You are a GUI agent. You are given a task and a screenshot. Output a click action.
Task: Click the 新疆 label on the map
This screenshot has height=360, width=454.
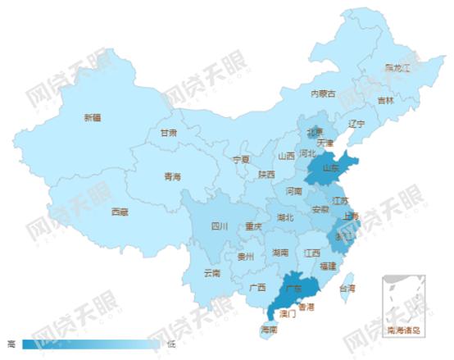(92, 117)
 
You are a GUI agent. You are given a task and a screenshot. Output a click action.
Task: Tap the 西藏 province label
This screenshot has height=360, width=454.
(120, 211)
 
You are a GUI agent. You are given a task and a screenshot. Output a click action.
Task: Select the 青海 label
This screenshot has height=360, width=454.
(172, 176)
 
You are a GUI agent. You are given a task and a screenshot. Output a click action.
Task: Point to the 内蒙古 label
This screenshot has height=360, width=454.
(323, 93)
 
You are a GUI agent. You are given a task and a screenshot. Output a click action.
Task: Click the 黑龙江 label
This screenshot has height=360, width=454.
(397, 66)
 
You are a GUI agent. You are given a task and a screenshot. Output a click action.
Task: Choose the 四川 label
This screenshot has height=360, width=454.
(219, 226)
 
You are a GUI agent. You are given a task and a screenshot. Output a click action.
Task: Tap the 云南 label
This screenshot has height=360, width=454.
(211, 272)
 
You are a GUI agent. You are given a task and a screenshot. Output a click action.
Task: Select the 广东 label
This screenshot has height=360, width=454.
(292, 288)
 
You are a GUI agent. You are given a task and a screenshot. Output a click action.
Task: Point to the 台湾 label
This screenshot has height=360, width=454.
(347, 288)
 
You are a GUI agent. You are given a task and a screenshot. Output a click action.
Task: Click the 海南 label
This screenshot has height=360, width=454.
(269, 330)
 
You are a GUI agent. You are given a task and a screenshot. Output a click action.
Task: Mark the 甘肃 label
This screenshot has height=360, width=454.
(168, 132)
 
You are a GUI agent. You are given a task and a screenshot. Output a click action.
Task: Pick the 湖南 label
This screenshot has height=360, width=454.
(280, 253)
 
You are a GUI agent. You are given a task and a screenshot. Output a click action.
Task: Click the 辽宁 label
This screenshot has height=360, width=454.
(356, 124)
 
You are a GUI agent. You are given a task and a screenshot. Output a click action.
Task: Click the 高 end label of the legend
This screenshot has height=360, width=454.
(11, 344)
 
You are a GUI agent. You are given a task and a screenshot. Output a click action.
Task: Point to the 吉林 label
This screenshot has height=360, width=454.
(385, 100)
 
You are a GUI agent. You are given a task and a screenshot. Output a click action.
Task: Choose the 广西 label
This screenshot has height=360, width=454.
(257, 287)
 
